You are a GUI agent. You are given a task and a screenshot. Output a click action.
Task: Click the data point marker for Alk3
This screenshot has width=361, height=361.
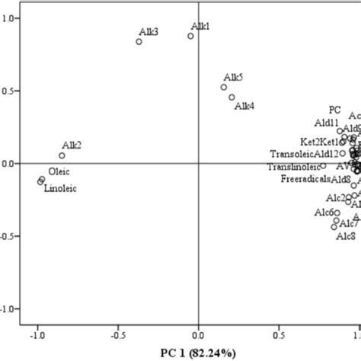click(139, 42)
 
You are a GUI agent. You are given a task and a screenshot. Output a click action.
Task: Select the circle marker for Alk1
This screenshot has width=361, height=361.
click(191, 36)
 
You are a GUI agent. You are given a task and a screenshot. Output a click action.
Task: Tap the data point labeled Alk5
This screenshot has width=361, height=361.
click(224, 87)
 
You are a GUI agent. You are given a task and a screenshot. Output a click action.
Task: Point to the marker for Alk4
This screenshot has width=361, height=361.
click(232, 97)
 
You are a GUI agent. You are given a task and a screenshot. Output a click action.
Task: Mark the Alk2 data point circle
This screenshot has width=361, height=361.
click(62, 155)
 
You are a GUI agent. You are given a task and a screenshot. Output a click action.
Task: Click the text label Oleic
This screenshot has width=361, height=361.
click(59, 171)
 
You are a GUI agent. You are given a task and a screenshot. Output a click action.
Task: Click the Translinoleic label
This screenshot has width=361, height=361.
click(292, 166)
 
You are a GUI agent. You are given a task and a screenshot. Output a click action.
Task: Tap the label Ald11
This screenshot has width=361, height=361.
click(325, 122)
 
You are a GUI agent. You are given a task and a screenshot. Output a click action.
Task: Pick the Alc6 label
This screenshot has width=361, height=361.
click(325, 212)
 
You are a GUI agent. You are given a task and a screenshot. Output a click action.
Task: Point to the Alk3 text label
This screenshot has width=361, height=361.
click(149, 32)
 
